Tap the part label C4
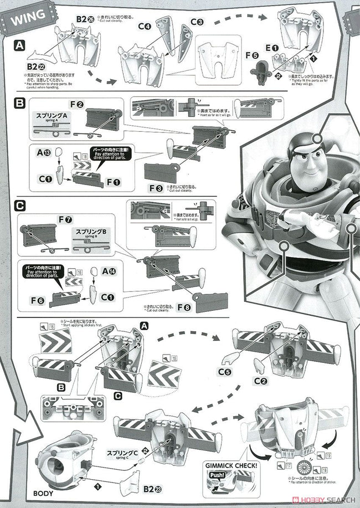145,26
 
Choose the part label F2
76,104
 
